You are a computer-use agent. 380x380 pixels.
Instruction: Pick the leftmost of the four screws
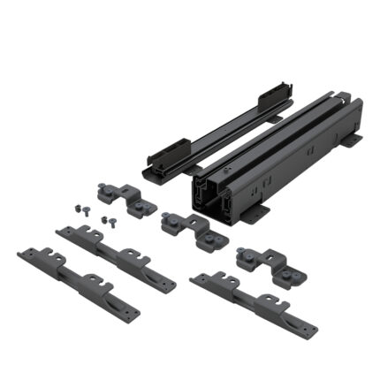coord(75,207)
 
